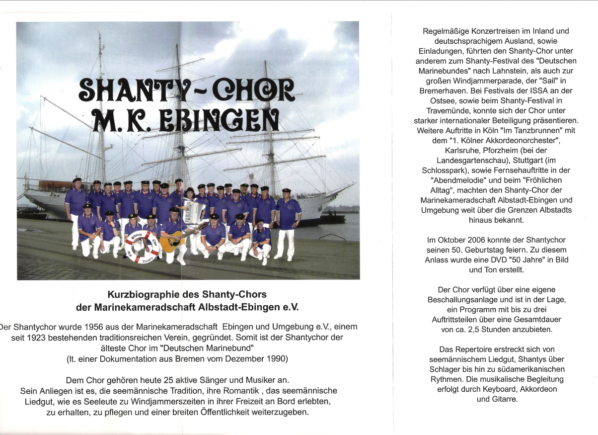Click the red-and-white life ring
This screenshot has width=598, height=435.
coord(142,247)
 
